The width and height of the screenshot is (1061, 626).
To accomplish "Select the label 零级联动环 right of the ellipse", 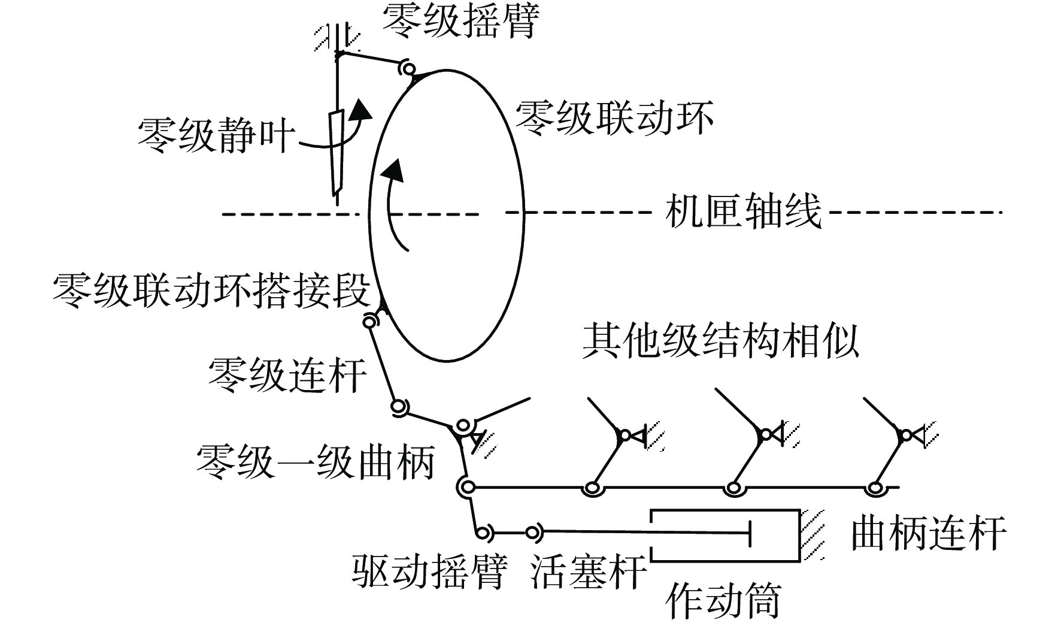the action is [x=614, y=117].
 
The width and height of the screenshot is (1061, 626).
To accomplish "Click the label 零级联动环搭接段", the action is [x=211, y=291].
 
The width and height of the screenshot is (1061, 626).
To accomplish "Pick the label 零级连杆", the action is [x=287, y=375].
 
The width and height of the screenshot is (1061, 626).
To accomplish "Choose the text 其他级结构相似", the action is [x=721, y=341].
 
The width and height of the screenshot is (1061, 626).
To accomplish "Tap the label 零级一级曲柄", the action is [x=316, y=461].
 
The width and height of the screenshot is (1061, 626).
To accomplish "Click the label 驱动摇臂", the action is [x=429, y=570].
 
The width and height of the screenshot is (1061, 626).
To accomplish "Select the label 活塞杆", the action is [x=589, y=570].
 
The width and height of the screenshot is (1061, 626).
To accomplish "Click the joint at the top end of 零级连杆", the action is [x=371, y=322].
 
